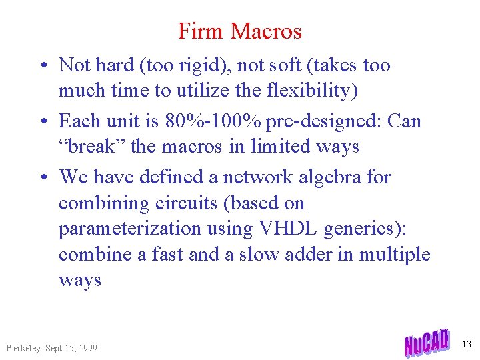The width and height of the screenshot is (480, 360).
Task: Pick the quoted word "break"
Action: (x=92, y=147)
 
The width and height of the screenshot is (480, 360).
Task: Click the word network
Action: (x=258, y=177)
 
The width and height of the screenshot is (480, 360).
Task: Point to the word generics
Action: (x=362, y=229)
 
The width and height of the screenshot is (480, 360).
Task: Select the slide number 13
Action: (x=466, y=344)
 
